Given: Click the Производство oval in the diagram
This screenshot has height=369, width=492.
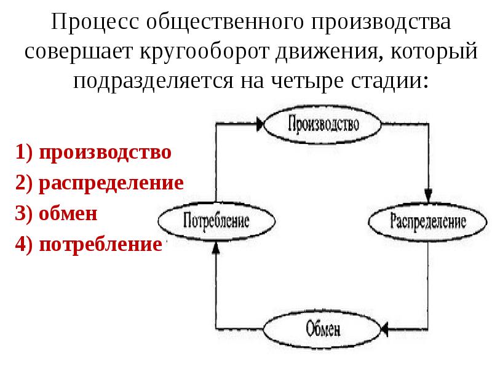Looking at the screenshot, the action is click(322, 124).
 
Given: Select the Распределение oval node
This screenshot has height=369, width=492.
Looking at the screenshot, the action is click(427, 222).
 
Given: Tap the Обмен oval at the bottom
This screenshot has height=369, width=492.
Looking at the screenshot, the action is click(322, 330).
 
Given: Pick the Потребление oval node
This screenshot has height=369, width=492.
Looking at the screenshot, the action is click(216, 221).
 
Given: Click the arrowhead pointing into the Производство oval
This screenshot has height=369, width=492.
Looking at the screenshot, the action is click(260, 124).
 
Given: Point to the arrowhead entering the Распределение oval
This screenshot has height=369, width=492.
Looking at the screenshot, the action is click(428, 195).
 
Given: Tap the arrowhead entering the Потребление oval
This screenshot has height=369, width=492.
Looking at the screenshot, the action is click(216, 247).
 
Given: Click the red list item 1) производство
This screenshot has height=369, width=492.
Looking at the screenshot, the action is click(93, 153).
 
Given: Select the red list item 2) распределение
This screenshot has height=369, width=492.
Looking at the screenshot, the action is click(100, 183).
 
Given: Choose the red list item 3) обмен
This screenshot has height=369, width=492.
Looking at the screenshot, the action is click(56, 213).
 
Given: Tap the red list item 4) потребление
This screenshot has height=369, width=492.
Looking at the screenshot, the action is click(89, 244).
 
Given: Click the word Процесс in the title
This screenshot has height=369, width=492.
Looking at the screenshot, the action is click(95, 23).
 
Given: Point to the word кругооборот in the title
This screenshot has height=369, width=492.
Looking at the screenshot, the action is click(204, 51).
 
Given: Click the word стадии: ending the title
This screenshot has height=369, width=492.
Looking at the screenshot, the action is click(390, 81).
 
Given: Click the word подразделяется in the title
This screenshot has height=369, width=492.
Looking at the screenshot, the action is click(153, 81).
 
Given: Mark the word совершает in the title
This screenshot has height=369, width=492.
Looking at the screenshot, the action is click(79, 52).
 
